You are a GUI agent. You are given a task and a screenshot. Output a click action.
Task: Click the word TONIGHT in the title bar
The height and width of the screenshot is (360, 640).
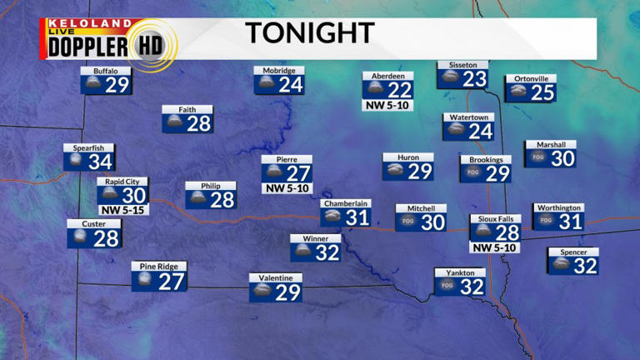tap(309, 33)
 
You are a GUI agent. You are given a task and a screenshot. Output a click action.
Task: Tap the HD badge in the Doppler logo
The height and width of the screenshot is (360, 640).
tap(151, 45)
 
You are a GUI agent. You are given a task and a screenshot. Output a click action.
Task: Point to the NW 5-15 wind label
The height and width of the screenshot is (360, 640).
tap(121, 209)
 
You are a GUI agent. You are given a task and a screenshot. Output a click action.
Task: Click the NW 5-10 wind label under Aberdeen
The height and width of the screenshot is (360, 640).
tap(387, 106)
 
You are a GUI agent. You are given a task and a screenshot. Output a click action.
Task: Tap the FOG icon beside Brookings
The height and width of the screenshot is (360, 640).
tap(473, 172)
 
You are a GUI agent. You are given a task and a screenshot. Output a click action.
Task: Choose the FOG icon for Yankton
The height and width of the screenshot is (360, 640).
tap(447, 286)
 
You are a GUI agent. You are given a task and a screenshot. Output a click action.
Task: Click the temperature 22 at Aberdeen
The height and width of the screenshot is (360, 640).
tap(400, 90)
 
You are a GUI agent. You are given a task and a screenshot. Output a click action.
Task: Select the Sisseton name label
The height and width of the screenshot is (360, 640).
tap(462, 64)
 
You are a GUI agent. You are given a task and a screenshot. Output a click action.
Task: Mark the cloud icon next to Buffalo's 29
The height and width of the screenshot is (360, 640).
tap(92, 84)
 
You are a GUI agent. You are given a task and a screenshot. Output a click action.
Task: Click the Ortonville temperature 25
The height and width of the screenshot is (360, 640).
tap(542, 92)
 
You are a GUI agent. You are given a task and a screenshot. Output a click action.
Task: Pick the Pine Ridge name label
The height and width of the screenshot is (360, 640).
tap(159, 266)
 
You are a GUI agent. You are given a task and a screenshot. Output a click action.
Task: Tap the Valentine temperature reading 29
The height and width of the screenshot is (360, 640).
tap(287, 292)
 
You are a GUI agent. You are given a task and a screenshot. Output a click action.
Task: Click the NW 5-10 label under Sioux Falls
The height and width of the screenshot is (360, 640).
tap(495, 247)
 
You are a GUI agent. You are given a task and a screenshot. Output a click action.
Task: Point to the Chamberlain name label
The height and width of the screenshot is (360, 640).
tap(346, 203)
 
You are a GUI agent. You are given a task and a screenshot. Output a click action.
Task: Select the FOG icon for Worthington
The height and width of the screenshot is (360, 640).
tap(546, 221)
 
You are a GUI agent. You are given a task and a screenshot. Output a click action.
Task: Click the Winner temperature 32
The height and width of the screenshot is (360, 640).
tap(327, 252)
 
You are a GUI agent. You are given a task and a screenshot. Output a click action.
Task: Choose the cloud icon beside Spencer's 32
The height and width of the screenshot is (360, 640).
tap(561, 265)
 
